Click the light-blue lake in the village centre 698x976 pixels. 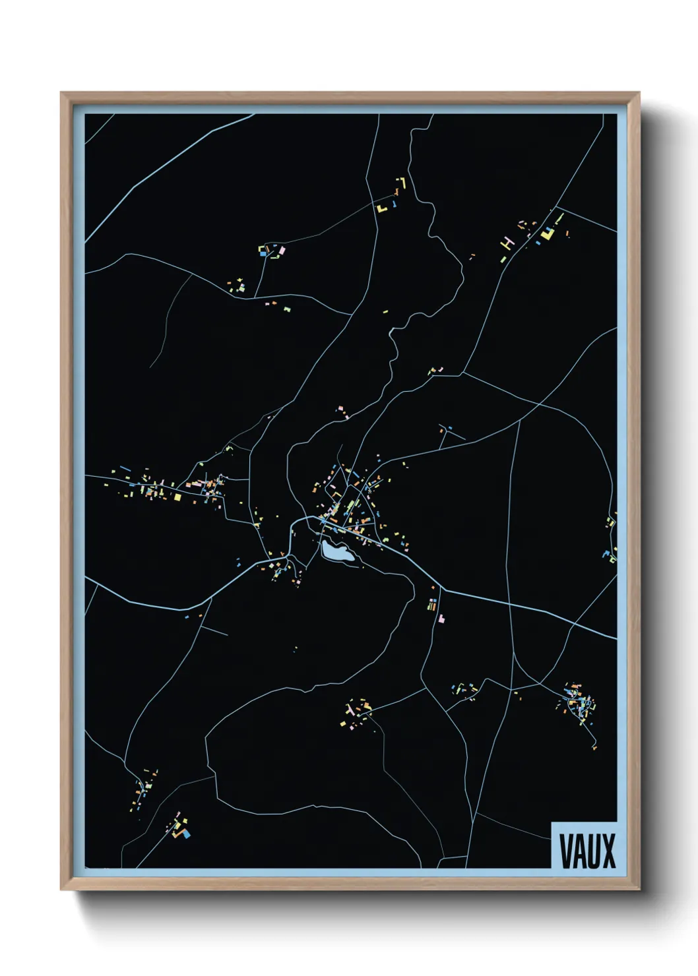(x=336, y=552)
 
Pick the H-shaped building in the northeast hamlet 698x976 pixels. (x=507, y=243)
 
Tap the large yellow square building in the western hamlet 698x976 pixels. (x=177, y=497)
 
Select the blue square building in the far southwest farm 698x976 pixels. (x=186, y=834)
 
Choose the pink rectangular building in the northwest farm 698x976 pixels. (x=281, y=251)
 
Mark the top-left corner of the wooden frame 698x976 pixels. (x=61, y=93)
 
